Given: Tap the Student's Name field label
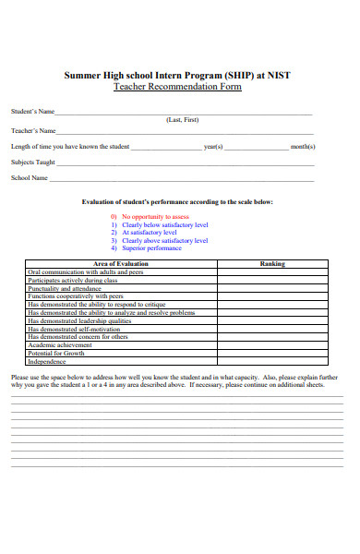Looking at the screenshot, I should (x=33, y=112).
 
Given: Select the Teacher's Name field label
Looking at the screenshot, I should (x=33, y=130).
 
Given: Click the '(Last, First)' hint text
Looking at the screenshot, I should (x=181, y=120).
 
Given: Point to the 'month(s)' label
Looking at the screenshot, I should (x=303, y=147).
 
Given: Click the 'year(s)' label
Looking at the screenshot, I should (x=213, y=147).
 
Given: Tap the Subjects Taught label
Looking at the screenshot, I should (x=33, y=162).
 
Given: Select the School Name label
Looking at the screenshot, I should (x=30, y=177).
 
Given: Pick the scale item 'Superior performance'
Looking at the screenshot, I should (x=151, y=248).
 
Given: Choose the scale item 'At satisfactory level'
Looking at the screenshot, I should (x=151, y=232).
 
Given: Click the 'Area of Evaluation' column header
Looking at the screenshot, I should (x=121, y=264).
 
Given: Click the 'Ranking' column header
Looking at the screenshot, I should (x=272, y=264).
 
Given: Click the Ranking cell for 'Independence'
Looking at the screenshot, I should (x=272, y=361).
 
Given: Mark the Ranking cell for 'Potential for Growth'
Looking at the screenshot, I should (x=272, y=353).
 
